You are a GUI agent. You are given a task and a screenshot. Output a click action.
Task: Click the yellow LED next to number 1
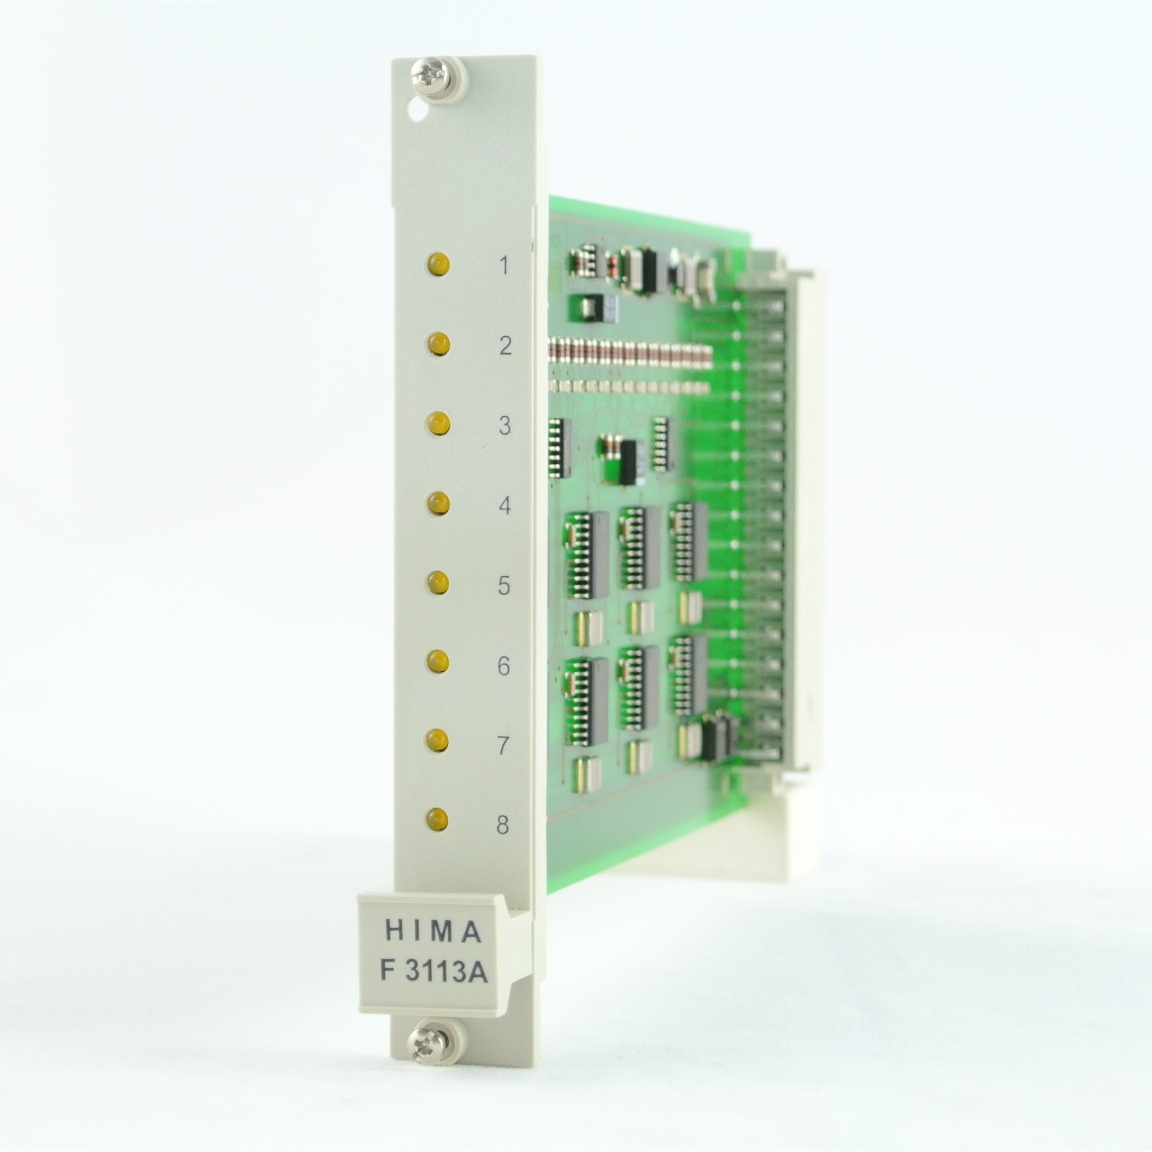[439, 264]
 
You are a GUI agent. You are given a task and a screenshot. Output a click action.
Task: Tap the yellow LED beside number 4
[439, 503]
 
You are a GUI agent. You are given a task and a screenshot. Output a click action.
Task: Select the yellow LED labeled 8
[438, 819]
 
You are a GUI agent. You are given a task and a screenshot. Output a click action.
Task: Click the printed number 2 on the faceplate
[506, 346]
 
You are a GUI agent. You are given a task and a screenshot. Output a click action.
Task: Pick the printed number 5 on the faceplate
[504, 585]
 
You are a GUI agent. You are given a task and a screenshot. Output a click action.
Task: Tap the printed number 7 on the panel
[504, 746]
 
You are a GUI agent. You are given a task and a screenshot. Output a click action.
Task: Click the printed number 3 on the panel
[505, 426]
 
